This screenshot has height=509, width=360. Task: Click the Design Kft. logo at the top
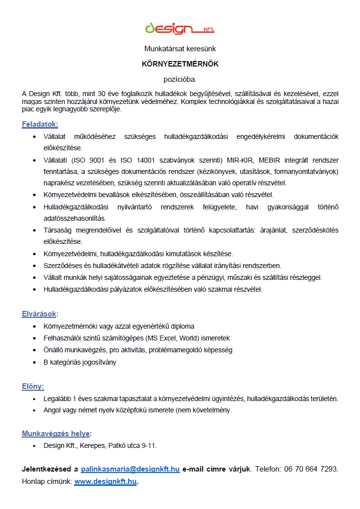(180, 29)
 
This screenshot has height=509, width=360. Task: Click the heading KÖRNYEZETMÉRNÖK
(180, 64)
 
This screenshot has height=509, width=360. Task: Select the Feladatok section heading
(39, 124)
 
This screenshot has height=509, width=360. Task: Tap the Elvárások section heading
(40, 313)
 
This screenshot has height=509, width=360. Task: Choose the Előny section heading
(33, 386)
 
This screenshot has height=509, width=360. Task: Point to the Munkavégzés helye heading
(56, 434)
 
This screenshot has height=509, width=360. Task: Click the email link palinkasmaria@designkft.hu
(130, 469)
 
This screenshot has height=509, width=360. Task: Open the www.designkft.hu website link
(106, 481)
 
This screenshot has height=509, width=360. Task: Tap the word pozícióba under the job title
(180, 78)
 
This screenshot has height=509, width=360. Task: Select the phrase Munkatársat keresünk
(180, 49)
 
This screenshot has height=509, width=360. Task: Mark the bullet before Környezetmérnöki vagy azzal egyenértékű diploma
(34, 326)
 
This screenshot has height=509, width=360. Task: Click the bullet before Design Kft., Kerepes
(34, 445)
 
